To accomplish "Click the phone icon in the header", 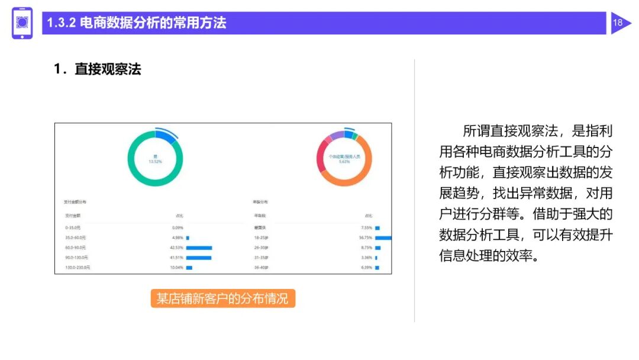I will (x=22, y=23).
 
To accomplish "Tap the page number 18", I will (x=618, y=23).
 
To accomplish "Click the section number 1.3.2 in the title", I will (x=61, y=23).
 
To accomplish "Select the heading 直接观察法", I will (x=108, y=69).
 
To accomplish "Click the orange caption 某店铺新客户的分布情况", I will (x=222, y=298).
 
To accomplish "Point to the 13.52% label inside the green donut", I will (x=155, y=160).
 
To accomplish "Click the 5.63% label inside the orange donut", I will (x=344, y=160).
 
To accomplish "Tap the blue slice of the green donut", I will (x=167, y=137).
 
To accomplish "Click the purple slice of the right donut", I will (x=336, y=136).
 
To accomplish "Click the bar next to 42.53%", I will (x=199, y=247).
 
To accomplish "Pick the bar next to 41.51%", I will (x=199, y=258).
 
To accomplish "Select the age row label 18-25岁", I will (x=262, y=237).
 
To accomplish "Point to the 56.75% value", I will (x=365, y=237).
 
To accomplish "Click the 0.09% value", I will (x=177, y=227).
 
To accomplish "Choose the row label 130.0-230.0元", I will (x=78, y=268).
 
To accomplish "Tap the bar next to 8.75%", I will (x=377, y=247).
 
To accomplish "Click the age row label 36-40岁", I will (x=262, y=268).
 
